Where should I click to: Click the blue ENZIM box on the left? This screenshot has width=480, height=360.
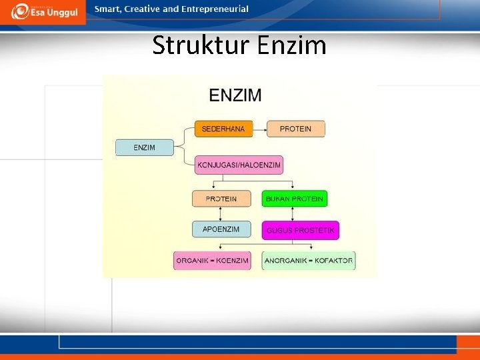tap(145, 147)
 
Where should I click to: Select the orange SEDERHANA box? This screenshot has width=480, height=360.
tap(223, 129)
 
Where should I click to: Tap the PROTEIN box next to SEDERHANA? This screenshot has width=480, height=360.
tap(295, 129)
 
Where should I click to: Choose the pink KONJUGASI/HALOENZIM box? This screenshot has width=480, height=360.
tap(239, 165)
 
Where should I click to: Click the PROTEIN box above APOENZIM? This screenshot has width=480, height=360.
tap(221, 199)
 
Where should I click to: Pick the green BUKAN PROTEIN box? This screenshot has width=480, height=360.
tap(294, 199)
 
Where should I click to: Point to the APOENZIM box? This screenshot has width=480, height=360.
tap(221, 229)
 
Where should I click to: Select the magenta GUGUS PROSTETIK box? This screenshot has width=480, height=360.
tap(300, 231)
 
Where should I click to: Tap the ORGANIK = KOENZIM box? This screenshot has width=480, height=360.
tap(212, 261)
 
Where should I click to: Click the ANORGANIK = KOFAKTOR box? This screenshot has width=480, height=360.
tap(309, 261)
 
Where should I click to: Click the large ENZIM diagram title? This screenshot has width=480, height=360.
tap(235, 95)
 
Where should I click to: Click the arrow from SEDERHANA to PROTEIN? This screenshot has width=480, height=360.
tap(260, 129)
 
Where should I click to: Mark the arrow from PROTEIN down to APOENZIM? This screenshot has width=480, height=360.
tap(221, 214)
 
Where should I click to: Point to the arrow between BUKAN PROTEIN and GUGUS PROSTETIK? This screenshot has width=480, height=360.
tap(294, 214)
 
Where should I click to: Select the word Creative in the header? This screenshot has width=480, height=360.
tap(142, 9)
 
